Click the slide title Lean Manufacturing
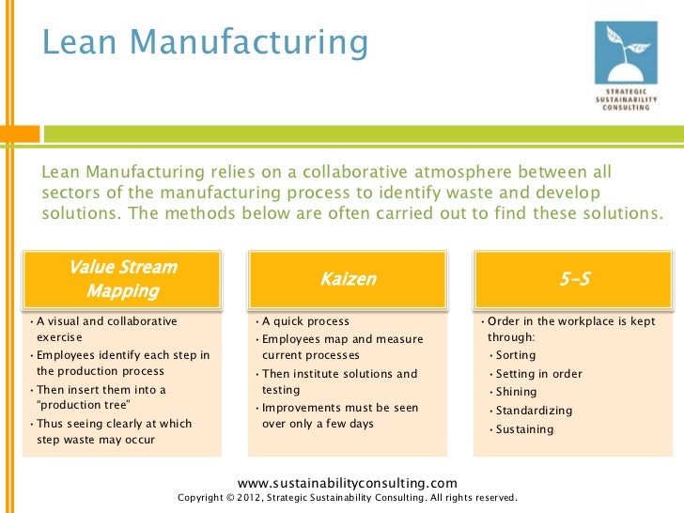point(205,42)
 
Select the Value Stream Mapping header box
point(123,278)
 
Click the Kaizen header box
point(348,279)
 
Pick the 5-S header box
point(572,279)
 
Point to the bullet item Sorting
point(516,355)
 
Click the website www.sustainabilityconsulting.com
point(348,481)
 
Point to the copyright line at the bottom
point(347,497)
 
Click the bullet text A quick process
point(305,321)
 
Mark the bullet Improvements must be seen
point(340,408)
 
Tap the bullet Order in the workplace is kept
point(572,321)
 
